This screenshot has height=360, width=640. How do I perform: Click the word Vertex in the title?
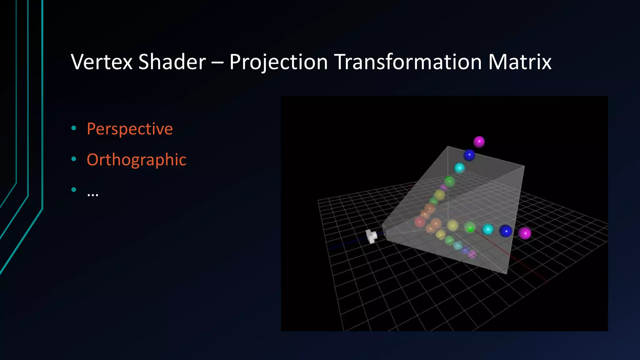click(x=102, y=62)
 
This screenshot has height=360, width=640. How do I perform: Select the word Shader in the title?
click(x=172, y=62)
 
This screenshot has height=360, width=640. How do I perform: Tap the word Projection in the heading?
click(x=278, y=62)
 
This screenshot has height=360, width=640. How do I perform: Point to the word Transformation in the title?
click(x=408, y=62)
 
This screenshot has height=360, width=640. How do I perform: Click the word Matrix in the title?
click(x=519, y=62)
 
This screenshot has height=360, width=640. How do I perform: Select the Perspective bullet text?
click(x=130, y=129)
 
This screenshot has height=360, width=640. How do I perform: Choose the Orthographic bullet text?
click(x=137, y=160)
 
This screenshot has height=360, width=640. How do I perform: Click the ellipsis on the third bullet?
click(x=93, y=194)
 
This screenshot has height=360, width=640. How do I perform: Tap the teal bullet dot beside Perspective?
click(x=74, y=127)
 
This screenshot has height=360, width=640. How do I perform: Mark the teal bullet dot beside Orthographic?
click(x=74, y=159)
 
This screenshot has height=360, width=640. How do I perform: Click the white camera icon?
click(x=371, y=236)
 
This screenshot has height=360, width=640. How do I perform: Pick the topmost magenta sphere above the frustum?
click(x=479, y=142)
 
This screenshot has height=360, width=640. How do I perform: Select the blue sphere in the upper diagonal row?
click(x=469, y=155)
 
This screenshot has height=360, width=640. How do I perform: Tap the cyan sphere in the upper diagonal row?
click(x=459, y=168)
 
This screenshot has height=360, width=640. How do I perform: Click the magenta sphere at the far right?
click(x=525, y=233)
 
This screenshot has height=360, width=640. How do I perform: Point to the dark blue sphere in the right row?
click(x=506, y=231)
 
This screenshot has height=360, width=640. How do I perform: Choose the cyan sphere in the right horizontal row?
click(x=487, y=229)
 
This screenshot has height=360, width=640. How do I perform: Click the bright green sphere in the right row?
click(x=470, y=227)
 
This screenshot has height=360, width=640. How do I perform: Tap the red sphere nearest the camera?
click(x=420, y=222)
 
